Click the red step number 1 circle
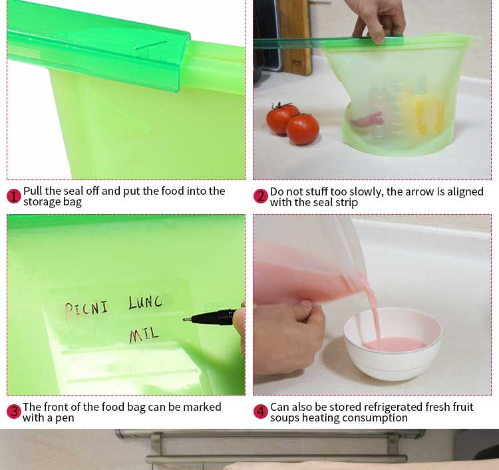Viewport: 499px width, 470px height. coord(14,196)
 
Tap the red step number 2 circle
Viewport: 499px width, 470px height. coord(261,196)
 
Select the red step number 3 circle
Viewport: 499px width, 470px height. coord(14,411)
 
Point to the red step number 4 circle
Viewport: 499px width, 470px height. coord(261,411)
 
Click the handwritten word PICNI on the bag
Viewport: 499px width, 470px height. coord(86,308)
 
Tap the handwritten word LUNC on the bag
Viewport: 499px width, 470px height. coord(146,302)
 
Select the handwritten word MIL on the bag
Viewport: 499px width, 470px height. coord(144,335)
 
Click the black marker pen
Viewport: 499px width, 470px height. coord(210,317)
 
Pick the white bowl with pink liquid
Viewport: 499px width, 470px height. coord(393,344)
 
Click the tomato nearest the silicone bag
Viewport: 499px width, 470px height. coord(302,129)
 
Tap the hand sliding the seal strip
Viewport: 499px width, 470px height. coord(379,21)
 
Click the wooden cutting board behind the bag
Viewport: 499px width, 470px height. coord(295,37)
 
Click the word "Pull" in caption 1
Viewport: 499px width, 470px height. coord(33,191)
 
